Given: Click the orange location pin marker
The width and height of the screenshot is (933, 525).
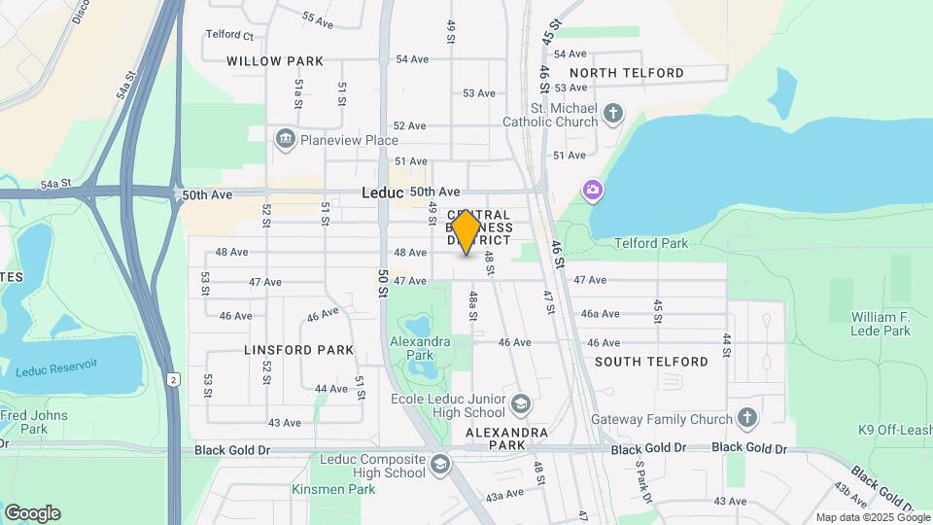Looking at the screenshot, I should tap(466, 232).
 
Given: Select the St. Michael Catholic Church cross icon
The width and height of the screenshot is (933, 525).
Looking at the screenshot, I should tap(612, 114).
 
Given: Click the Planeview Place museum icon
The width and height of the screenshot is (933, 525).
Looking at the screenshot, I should tap(286, 140).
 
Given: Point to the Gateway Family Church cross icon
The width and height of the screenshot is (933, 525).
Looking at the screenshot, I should tap(746, 419).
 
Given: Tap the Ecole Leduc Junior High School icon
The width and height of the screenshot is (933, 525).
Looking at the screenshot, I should tap(521, 403).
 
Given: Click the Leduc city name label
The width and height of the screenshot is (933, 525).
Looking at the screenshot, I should tap(382, 192).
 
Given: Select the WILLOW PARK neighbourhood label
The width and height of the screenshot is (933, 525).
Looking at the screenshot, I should tap(275, 61).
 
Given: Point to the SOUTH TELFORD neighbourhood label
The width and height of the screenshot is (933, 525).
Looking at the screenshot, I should tap(651, 362).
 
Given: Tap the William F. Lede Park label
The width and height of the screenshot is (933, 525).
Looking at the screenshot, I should tap(881, 324).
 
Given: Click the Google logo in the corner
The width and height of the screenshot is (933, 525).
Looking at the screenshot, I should tap(32, 513).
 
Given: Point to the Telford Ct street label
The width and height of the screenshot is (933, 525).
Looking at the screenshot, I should tap(229, 36).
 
